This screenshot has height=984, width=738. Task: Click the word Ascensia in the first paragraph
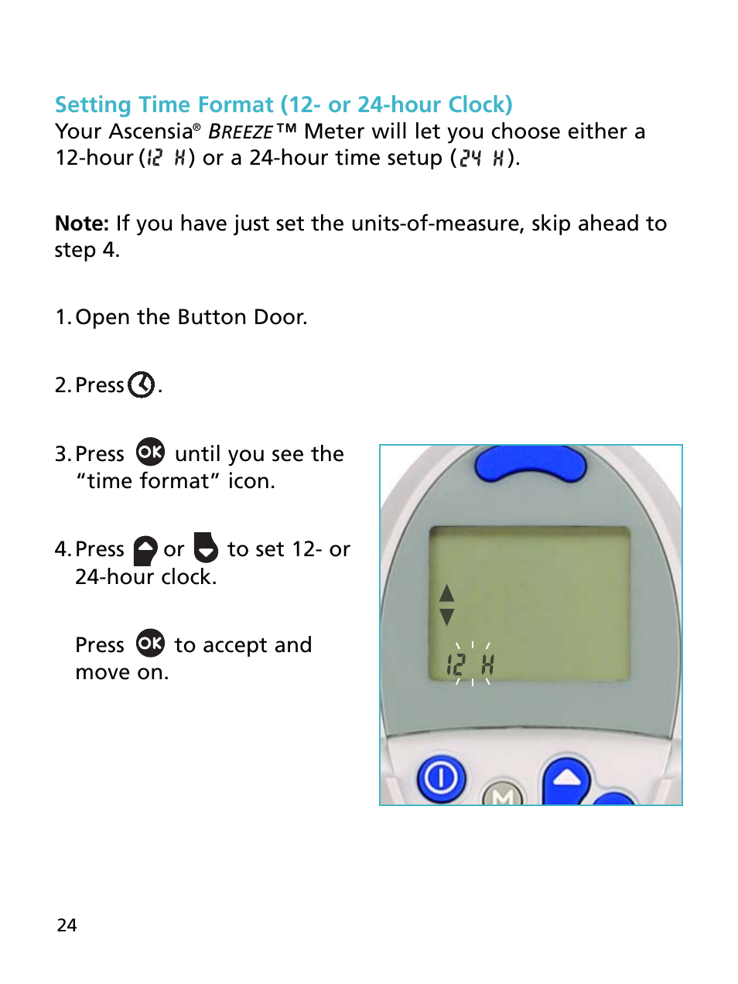pos(150,132)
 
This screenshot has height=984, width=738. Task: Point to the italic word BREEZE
pos(241,132)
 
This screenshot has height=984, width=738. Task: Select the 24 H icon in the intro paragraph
pos(481,158)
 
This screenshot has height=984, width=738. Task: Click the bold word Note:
pos(82,224)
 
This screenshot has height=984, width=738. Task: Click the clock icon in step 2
pos(142,384)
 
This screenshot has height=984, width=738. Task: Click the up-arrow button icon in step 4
pos(145,550)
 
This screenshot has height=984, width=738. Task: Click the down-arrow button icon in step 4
pos(206,548)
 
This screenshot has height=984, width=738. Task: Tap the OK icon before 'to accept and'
pos(150,644)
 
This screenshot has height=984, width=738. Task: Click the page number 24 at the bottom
pos(67,925)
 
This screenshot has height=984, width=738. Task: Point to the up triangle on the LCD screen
pos(446,593)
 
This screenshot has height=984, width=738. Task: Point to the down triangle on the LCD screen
pos(446,617)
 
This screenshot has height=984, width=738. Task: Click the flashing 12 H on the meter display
pos(470,665)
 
